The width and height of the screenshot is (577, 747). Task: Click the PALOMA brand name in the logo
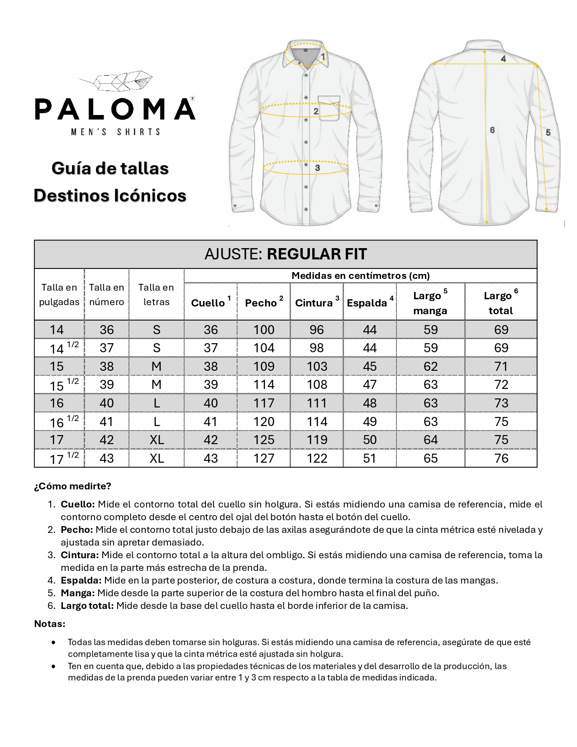click(x=115, y=109)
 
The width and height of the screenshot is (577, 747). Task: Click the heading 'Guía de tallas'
click(x=110, y=168)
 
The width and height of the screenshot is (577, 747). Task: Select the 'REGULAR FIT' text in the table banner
click(x=317, y=254)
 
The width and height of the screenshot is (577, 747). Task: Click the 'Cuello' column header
click(x=208, y=303)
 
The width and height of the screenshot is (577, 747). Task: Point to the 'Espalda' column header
click(x=367, y=303)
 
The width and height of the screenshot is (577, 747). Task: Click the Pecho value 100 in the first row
click(x=264, y=330)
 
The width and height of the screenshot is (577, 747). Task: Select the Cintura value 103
click(x=317, y=366)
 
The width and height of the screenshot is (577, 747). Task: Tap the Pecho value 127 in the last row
click(x=264, y=458)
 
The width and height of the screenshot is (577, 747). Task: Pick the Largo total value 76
click(x=501, y=458)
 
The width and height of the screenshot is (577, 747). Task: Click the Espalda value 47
click(x=370, y=385)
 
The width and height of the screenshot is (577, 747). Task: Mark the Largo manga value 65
click(x=430, y=458)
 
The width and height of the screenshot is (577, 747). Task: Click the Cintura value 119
click(x=317, y=440)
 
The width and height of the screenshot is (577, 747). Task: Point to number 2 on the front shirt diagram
click(x=316, y=111)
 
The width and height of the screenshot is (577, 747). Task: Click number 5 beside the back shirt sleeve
click(x=548, y=133)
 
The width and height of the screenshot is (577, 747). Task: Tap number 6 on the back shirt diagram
click(x=492, y=130)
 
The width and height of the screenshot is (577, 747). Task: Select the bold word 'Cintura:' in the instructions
click(x=80, y=555)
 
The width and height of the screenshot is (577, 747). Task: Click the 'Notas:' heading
click(x=50, y=624)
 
